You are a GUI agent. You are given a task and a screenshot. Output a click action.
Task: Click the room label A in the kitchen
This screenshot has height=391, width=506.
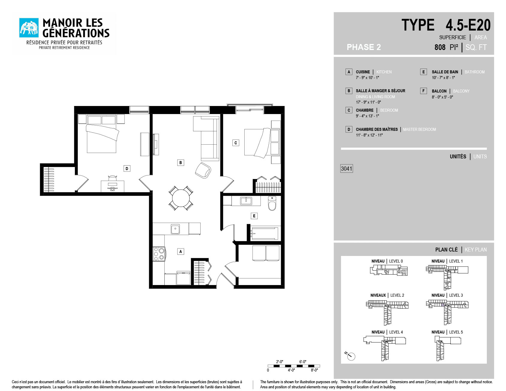(x=181, y=251)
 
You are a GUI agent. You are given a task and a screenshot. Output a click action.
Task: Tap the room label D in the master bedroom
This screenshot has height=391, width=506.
(x=127, y=169)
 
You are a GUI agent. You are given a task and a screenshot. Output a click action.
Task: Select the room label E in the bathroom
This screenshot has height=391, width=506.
(x=254, y=216)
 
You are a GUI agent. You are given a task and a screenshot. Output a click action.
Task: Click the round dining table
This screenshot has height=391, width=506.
(x=181, y=198)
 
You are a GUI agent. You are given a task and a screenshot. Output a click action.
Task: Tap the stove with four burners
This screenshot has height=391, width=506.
(x=159, y=254)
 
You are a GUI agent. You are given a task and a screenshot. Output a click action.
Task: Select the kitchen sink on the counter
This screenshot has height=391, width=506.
(x=175, y=229)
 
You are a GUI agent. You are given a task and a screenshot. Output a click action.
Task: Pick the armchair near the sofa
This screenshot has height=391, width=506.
(x=203, y=170)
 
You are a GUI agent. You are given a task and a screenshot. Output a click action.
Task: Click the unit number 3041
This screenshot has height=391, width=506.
(x=347, y=169)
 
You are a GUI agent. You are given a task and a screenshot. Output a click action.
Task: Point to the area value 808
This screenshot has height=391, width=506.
(x=440, y=47)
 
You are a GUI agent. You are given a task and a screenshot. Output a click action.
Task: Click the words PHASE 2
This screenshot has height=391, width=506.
(x=364, y=47)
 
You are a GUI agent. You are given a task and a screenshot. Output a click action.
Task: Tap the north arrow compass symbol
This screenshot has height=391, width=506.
(x=350, y=356)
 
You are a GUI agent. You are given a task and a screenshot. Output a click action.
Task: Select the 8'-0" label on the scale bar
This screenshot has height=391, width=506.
(x=314, y=370)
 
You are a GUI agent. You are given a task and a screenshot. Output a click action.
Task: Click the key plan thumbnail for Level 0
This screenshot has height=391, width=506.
(x=389, y=270)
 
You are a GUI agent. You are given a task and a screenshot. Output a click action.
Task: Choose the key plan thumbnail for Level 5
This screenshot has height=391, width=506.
(x=448, y=348)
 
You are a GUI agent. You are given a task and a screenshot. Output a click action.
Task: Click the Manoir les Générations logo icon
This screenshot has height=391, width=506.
(x=29, y=28)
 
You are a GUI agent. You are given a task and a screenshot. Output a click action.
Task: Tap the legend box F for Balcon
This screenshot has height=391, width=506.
(x=423, y=91)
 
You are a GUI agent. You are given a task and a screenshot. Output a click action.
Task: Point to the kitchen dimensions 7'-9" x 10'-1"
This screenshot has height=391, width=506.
(x=367, y=78)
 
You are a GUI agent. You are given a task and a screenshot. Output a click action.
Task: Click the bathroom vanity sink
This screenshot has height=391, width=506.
(x=246, y=201)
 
